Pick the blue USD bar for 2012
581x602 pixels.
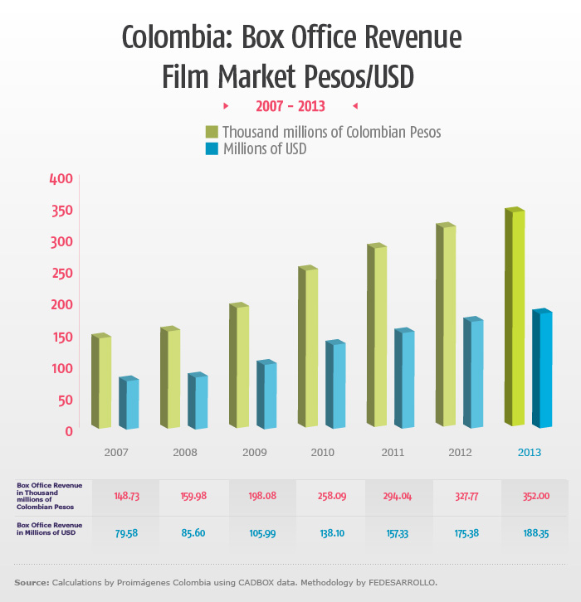point(473,372)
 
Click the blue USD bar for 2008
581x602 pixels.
point(198,401)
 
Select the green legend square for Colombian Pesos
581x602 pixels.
point(212,132)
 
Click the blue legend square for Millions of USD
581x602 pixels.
point(212,149)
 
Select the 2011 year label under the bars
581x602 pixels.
point(393,453)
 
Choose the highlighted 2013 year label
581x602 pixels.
point(530,453)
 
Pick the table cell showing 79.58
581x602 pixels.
point(124,533)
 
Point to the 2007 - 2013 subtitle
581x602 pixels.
point(290,106)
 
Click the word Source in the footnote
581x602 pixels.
point(31,583)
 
